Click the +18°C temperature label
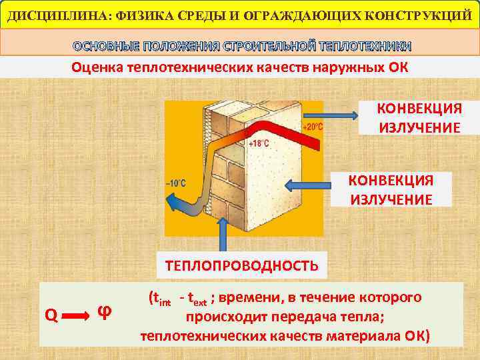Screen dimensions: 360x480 tap(258, 144)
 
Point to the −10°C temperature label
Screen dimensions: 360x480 tap(175, 183)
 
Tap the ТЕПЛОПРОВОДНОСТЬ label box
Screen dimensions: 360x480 tap(241, 265)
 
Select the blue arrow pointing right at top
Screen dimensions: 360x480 tap(341, 116)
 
